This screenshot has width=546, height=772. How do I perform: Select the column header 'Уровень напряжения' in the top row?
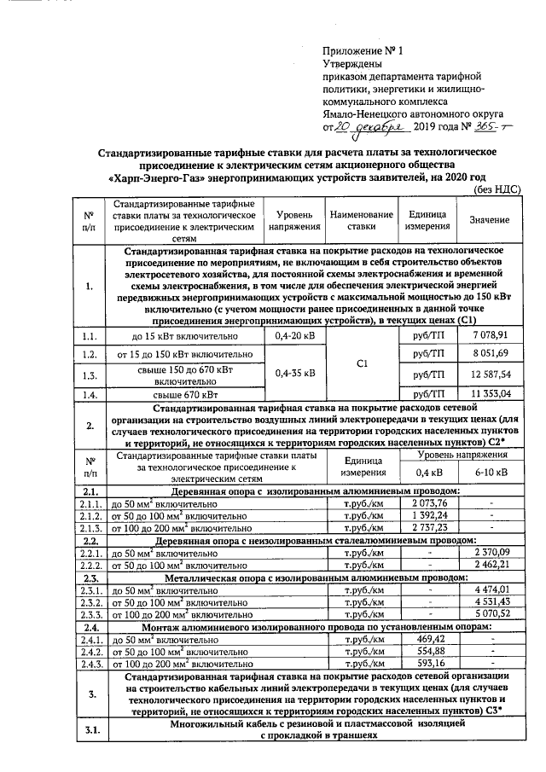tap(293, 220)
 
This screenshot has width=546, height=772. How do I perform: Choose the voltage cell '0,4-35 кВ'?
tap(293, 373)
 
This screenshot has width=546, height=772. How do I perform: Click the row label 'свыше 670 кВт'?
tap(185, 393)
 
